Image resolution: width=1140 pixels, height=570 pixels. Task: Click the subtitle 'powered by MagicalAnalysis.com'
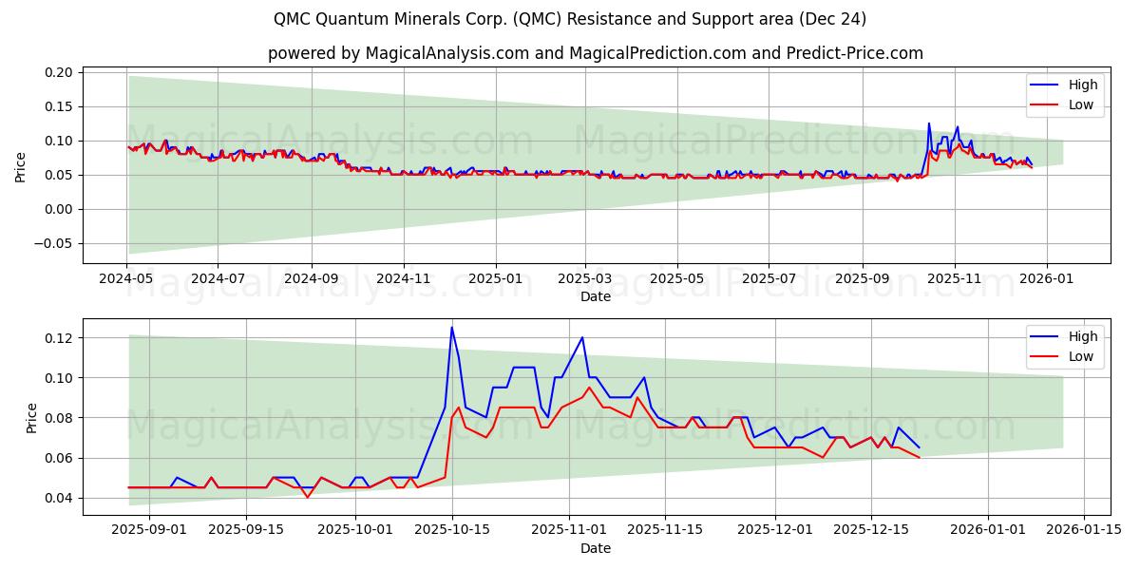pos(596,53)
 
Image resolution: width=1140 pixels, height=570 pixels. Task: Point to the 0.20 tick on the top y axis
pos(59,72)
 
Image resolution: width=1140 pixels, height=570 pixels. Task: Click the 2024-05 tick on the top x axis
pos(126,280)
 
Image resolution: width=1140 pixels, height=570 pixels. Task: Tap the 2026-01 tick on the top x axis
pos(1047,280)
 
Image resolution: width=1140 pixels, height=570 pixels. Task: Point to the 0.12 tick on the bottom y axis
pos(59,338)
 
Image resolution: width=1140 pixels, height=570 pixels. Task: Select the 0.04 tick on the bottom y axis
pos(59,498)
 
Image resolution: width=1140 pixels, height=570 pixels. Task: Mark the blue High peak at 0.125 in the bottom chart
pos(451,328)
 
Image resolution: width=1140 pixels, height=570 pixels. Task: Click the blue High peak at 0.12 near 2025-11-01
pos(581,337)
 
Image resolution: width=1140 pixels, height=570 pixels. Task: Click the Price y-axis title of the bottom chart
pos(32,417)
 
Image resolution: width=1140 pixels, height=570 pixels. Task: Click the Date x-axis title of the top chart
pos(596,296)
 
